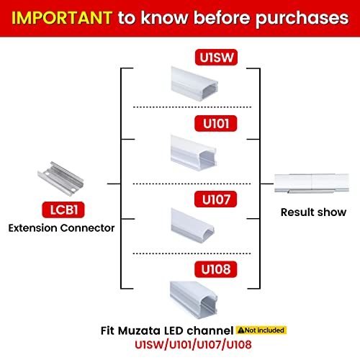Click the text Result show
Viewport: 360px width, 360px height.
coord(313,212)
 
